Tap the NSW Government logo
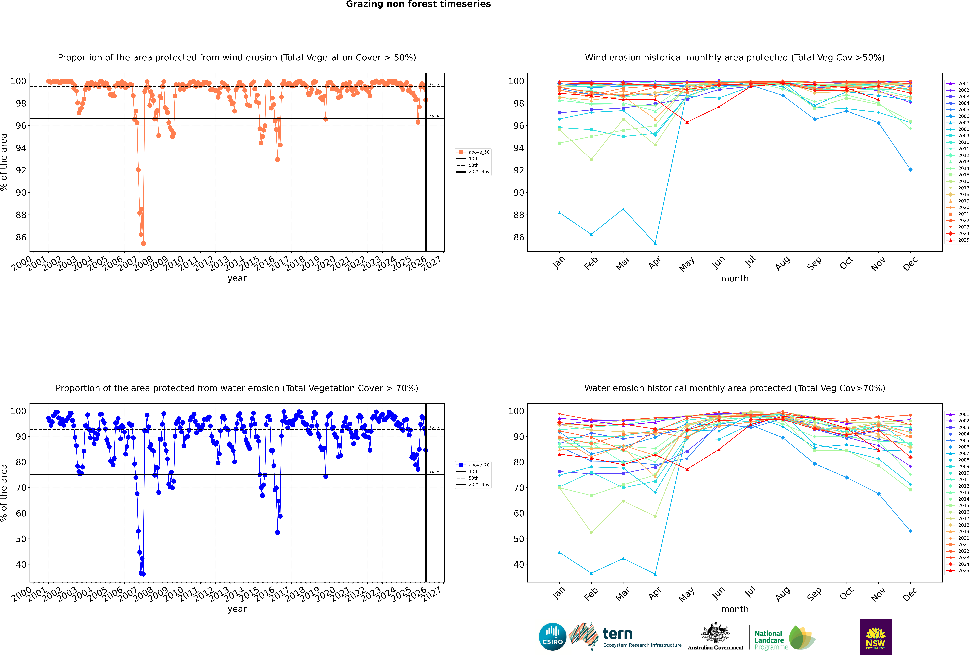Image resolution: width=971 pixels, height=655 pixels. coord(875,636)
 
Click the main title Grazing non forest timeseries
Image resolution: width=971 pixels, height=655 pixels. coord(418,4)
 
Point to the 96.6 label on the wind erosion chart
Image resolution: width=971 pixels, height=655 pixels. coord(434,117)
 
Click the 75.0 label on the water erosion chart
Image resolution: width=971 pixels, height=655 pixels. coord(434,473)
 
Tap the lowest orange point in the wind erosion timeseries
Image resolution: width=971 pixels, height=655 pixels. coord(143,244)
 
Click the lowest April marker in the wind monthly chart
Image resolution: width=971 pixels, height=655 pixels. coord(655,244)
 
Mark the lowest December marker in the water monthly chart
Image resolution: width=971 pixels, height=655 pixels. coord(911,531)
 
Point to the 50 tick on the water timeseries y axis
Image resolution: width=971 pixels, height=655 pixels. coord(21,539)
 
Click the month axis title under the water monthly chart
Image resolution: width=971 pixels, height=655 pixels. coord(735,609)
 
